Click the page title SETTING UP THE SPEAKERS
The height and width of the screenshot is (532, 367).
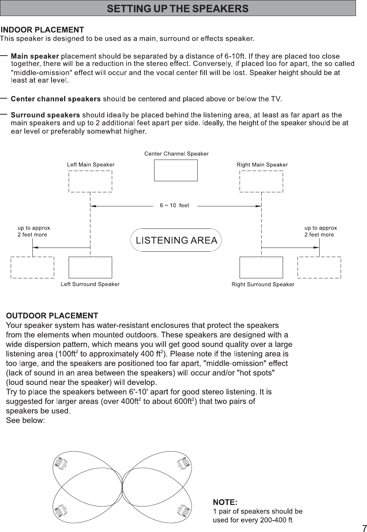(177, 8)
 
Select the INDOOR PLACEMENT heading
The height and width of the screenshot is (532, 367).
(42, 30)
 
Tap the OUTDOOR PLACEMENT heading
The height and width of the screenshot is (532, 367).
(52, 316)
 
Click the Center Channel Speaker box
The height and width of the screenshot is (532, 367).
(175, 170)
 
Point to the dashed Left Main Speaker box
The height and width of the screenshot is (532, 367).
(90, 181)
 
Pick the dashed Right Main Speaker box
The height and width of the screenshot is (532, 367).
(261, 181)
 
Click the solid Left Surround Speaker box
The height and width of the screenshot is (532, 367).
(90, 267)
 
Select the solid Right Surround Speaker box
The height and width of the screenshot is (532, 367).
(261, 267)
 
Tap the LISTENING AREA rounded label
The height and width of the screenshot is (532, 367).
(176, 240)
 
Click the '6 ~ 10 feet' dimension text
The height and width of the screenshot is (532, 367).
(174, 206)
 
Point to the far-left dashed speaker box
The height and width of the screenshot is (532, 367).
(32, 267)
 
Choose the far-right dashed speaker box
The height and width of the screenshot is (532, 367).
(319, 267)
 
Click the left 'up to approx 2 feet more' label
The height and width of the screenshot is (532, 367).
(34, 231)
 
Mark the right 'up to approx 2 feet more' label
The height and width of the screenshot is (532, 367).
(320, 231)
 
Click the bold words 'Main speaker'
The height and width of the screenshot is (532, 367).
(35, 56)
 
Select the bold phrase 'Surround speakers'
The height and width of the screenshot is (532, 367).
(45, 115)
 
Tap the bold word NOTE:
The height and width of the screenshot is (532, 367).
(225, 502)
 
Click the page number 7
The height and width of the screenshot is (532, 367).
(364, 528)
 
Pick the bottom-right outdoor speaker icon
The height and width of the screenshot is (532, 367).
(184, 510)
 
